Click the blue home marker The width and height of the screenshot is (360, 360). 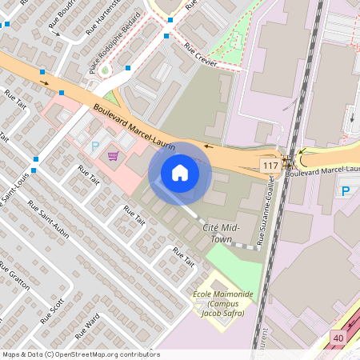tap(180, 173)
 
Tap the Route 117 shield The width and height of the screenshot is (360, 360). tap(270, 165)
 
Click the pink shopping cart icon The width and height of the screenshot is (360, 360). tap(113, 155)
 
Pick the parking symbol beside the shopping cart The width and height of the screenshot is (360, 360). tap(96, 146)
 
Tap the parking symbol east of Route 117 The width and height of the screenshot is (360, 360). tap(346, 190)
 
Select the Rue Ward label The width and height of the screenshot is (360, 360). tap(86, 325)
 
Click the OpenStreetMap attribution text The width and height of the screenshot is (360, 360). tap(81, 354)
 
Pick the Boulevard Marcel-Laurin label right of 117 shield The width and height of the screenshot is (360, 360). tap(319, 170)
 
